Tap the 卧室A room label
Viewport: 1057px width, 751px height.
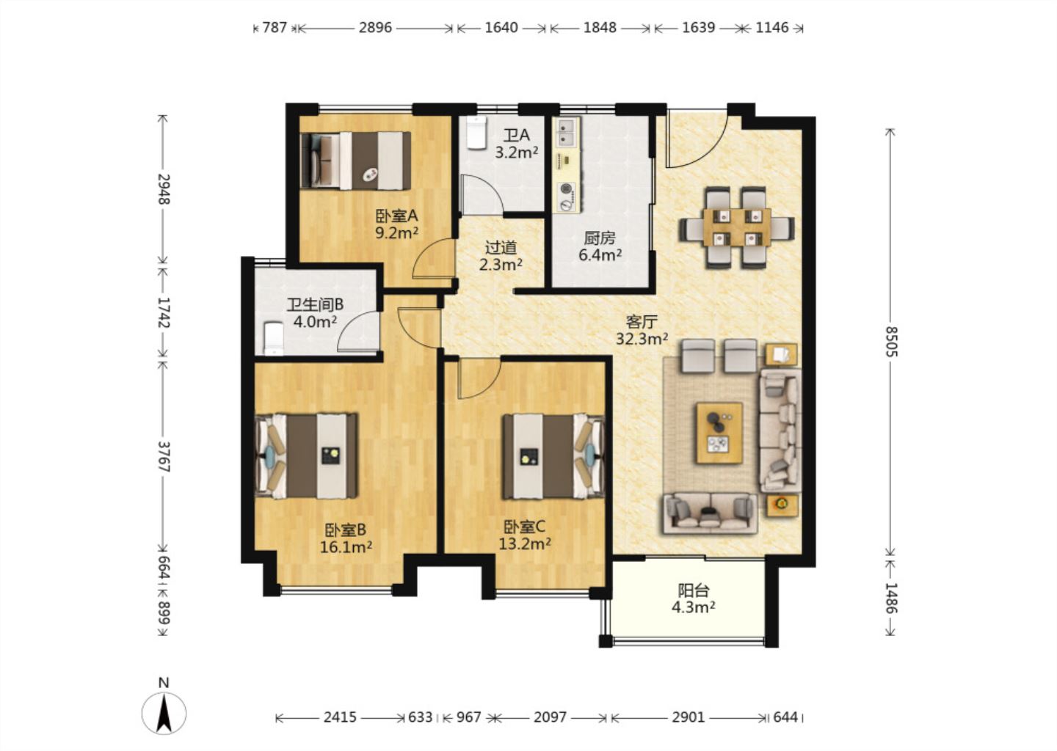click(396, 216)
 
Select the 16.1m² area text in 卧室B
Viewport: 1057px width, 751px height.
click(346, 547)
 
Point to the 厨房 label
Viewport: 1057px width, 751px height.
click(600, 238)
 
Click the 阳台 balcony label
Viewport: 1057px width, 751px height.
click(694, 590)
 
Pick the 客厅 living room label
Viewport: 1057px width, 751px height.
click(642, 322)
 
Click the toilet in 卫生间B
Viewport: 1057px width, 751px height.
click(273, 338)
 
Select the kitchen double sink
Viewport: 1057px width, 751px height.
click(566, 133)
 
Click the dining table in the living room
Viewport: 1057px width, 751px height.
click(737, 227)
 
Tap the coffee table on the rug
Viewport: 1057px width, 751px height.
click(719, 433)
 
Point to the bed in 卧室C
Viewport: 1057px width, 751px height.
click(553, 456)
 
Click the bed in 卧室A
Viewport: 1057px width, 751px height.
click(355, 161)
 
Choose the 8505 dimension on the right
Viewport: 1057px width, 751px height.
click(890, 341)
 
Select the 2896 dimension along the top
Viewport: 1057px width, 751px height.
click(375, 27)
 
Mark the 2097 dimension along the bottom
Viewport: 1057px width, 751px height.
click(550, 717)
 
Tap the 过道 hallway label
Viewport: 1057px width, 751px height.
click(501, 247)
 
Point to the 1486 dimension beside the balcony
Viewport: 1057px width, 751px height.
click(890, 597)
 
